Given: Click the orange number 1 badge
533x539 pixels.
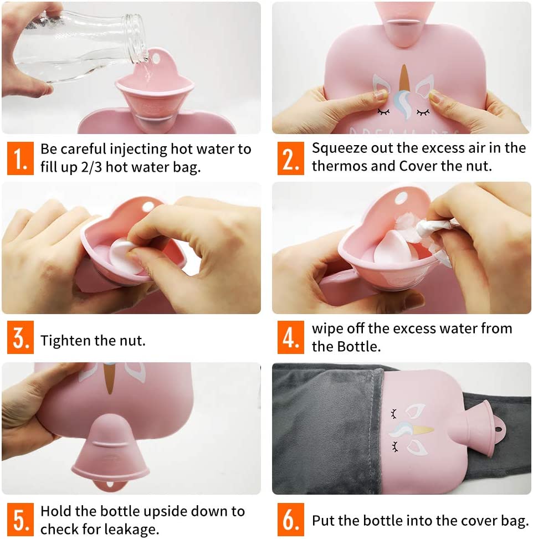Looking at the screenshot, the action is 20,158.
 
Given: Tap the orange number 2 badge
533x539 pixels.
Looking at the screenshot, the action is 290,158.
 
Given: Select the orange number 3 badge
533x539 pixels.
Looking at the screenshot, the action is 20,337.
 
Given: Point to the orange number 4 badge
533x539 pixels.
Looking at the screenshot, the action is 290,337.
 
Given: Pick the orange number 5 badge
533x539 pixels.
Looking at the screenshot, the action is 20,520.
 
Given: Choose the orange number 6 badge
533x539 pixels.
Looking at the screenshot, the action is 290,520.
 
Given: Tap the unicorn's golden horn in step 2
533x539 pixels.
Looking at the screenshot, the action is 404,80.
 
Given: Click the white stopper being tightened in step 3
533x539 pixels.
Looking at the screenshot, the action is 124,256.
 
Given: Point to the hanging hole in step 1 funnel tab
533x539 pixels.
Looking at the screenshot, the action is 156,58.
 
